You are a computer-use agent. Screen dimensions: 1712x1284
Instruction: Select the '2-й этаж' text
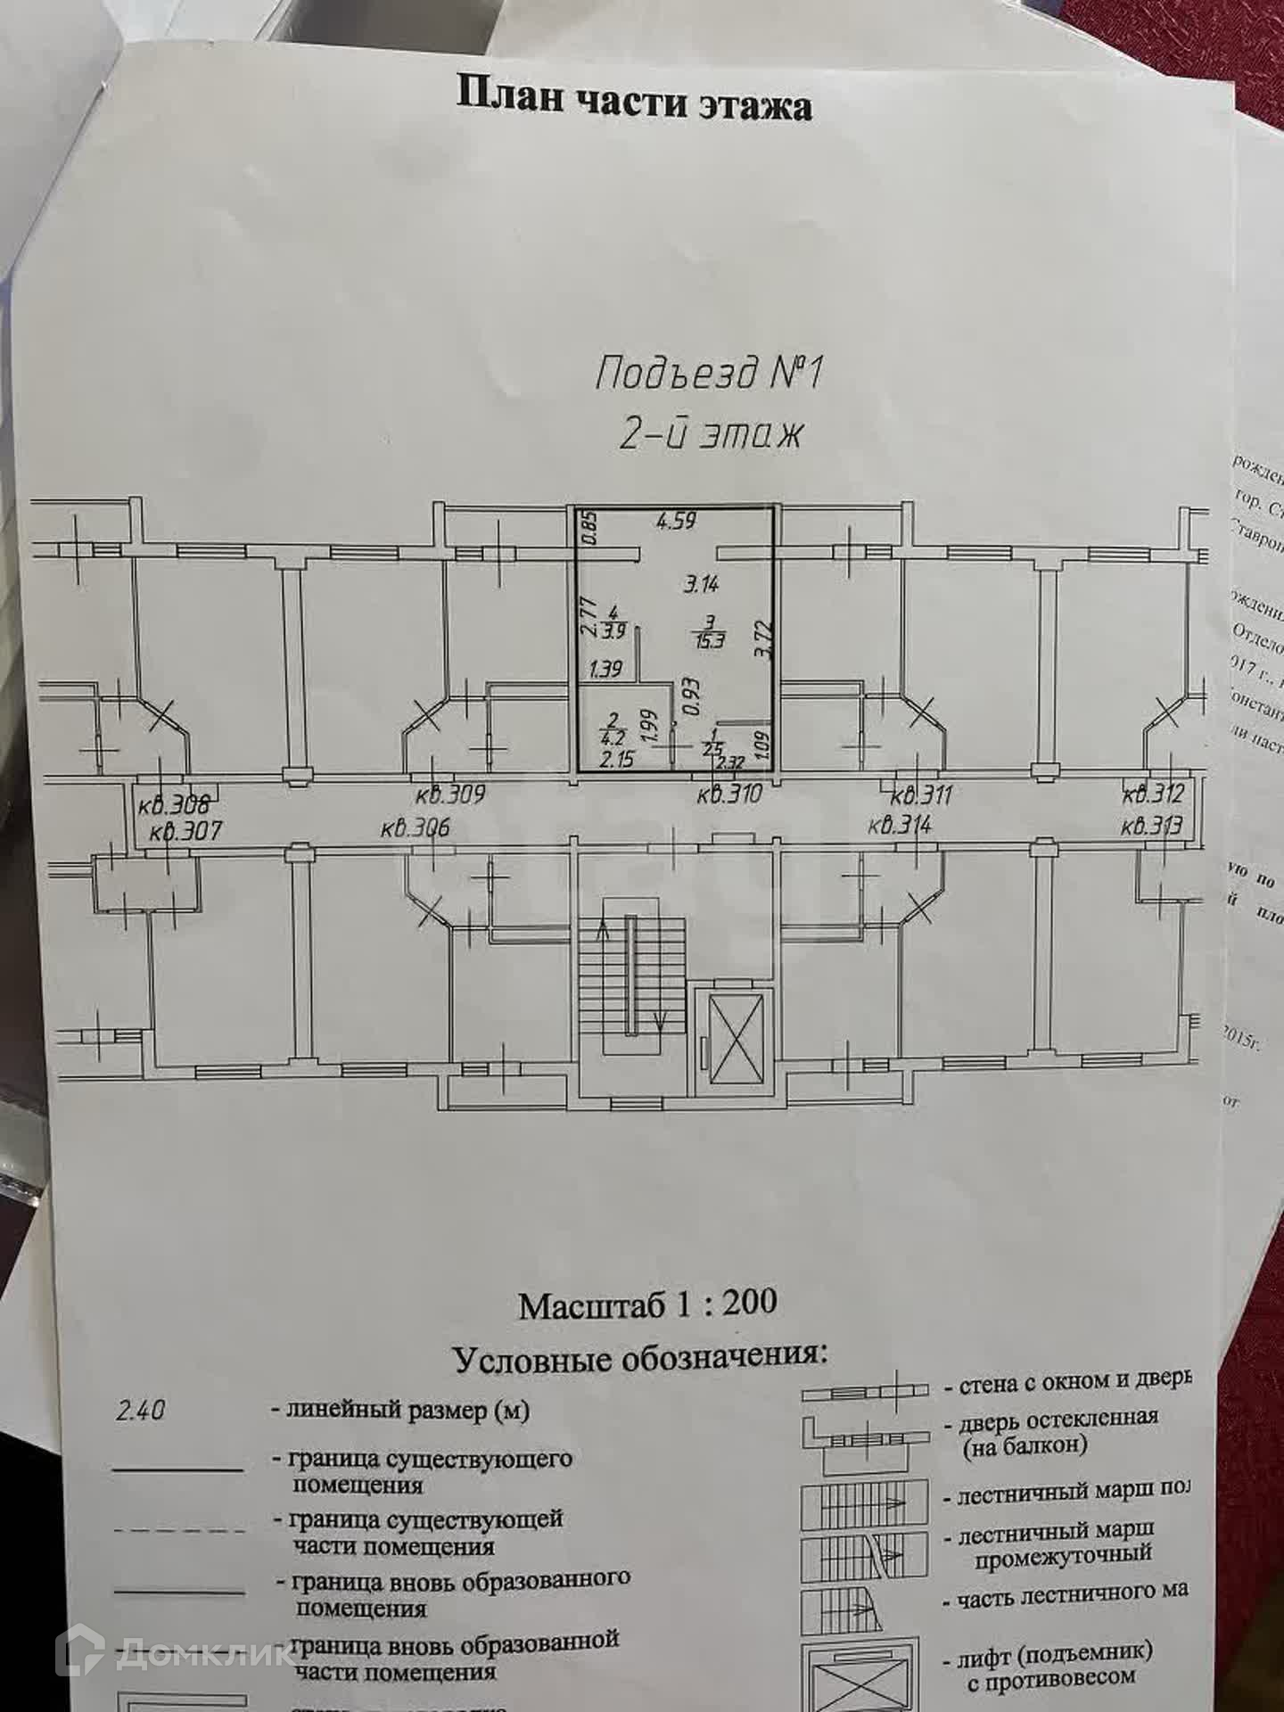(710, 434)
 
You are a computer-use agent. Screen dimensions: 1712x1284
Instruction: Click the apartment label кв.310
(728, 794)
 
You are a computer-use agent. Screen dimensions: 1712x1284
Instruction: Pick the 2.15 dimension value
(616, 760)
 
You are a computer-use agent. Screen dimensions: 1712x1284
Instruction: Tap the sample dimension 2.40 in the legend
(141, 1411)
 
